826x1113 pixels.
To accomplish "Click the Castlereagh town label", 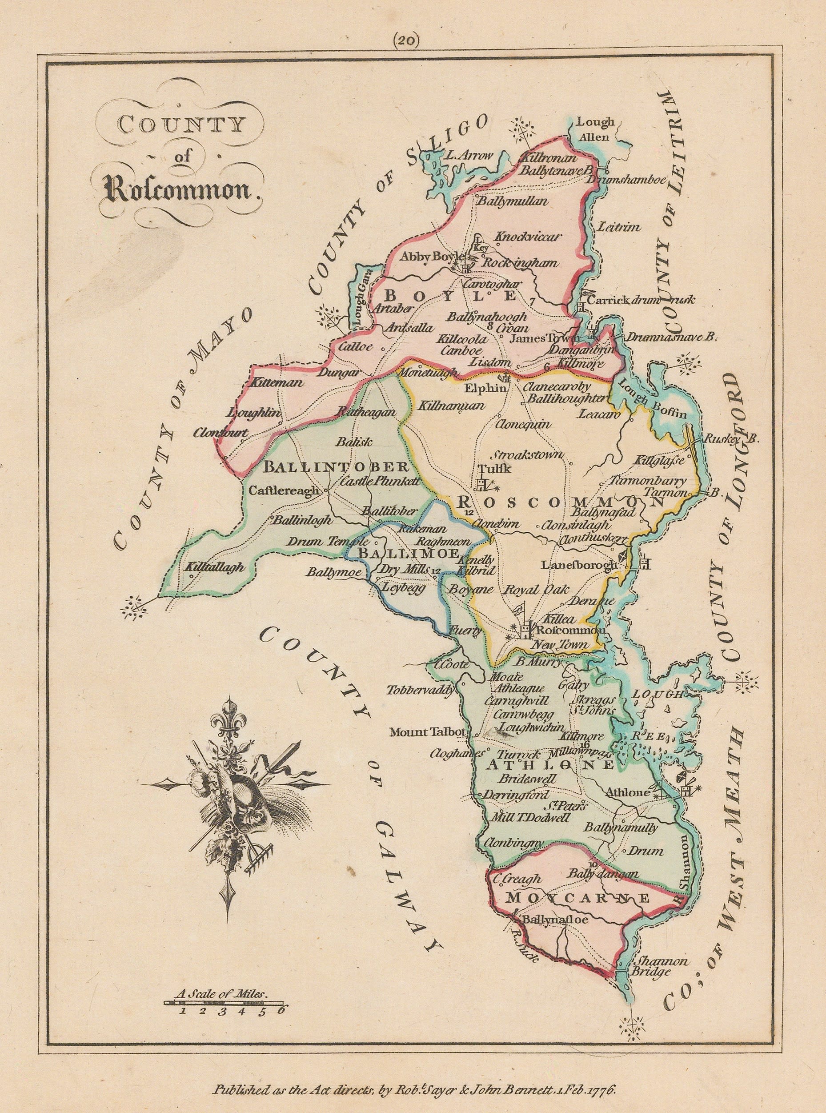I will pos(284,490).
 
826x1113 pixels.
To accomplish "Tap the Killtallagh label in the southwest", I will pos(215,567).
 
